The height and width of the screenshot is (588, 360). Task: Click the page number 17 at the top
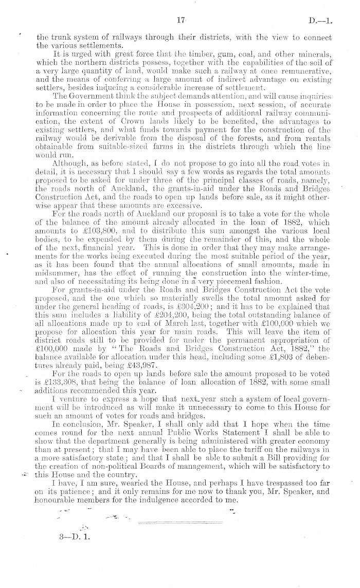[x=180, y=21]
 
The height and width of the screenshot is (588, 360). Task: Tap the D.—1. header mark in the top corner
[x=321, y=21]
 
